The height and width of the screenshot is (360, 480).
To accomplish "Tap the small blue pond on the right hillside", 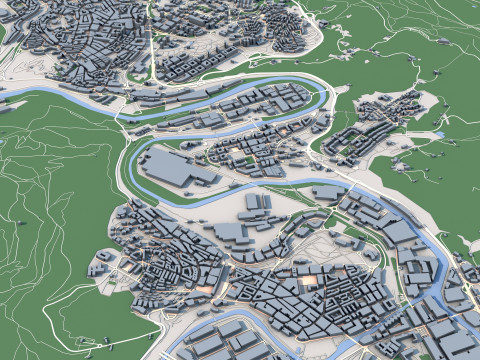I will point(437,134).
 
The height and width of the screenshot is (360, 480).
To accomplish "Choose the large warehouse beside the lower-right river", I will point(399,232).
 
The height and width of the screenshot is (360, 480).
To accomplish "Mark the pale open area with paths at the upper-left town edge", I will point(25,35).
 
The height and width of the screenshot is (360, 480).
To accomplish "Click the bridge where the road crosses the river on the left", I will point(121,109).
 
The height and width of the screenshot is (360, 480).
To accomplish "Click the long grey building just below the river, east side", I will point(326,193).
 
